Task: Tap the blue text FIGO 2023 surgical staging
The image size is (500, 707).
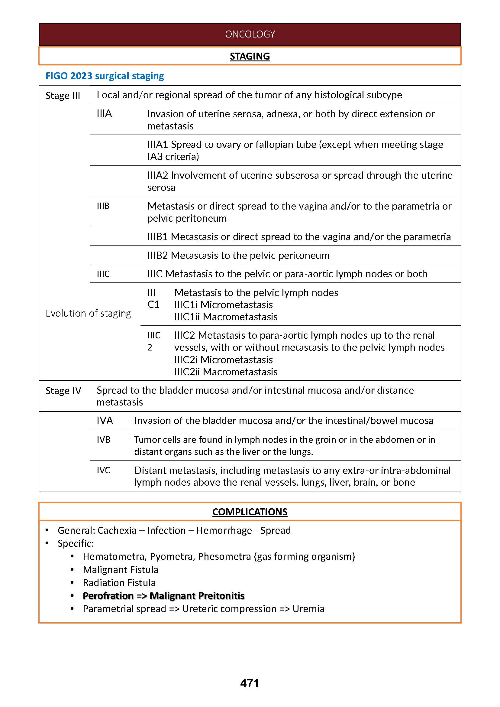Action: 105,76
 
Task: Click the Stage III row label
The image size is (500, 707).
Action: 63,96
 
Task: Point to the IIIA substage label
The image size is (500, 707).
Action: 104,114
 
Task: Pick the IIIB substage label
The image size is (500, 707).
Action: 103,206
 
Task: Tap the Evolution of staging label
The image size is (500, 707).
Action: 88,313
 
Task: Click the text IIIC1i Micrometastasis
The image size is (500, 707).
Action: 223,305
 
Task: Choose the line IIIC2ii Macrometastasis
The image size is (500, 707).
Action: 226,372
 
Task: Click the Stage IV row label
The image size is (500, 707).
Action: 63,390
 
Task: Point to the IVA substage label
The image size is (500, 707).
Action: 105,420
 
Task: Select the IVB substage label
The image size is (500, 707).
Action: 103,439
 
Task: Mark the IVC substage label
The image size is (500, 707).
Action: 103,470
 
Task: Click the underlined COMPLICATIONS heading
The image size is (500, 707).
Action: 250,512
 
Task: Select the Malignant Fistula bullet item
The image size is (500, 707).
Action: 120,569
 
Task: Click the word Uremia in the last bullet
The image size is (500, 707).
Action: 308,609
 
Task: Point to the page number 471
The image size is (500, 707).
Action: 249,683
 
